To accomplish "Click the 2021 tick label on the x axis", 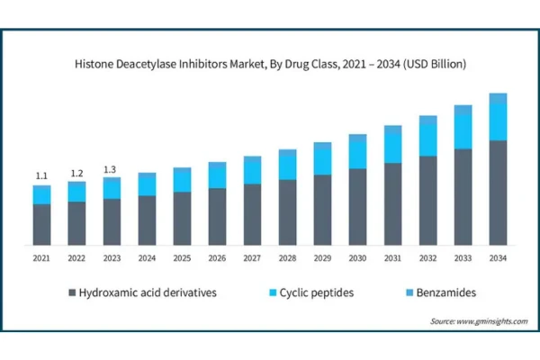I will (x=41, y=258).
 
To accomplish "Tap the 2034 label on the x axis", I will (x=498, y=258).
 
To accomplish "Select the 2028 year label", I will (x=287, y=258).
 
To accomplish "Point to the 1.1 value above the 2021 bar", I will (x=41, y=175).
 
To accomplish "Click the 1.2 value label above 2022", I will (x=76, y=173).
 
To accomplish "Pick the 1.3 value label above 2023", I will (x=112, y=169).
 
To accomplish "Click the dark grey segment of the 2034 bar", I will (x=498, y=193).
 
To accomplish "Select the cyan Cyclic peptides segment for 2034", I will (x=498, y=121).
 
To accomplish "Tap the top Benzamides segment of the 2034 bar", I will (x=498, y=97).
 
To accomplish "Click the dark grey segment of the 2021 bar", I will (x=41, y=224).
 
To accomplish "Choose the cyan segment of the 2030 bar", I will (x=357, y=155).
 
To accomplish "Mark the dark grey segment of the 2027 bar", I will (x=252, y=214).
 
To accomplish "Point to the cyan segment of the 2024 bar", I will (x=147, y=184).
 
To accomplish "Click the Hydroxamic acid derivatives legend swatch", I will (x=70, y=293).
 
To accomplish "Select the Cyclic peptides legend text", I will (x=317, y=293).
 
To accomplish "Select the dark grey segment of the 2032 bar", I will (x=427, y=201).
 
